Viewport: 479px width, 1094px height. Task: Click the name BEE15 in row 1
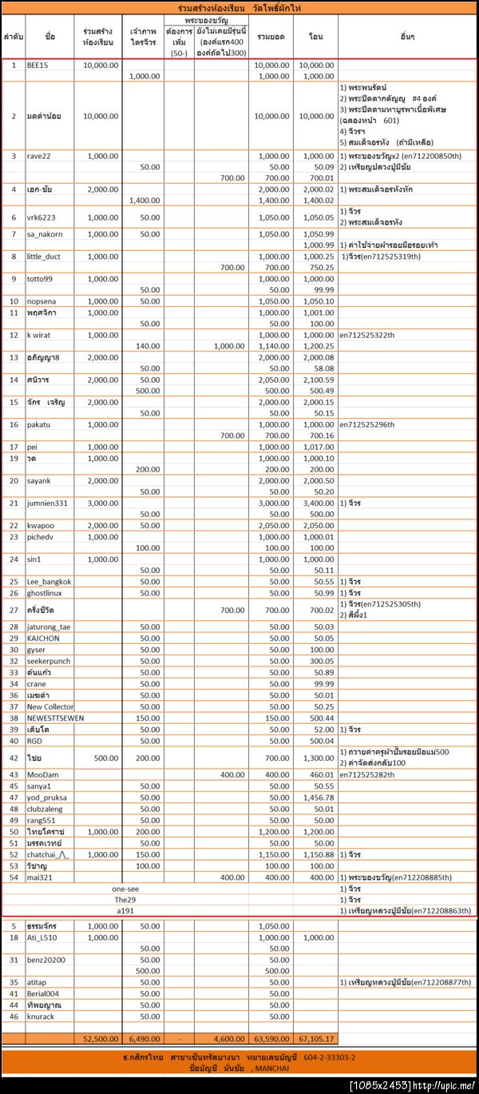[x=38, y=65]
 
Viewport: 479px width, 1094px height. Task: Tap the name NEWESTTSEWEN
[x=55, y=718]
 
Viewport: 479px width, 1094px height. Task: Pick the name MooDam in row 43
[x=42, y=774]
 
